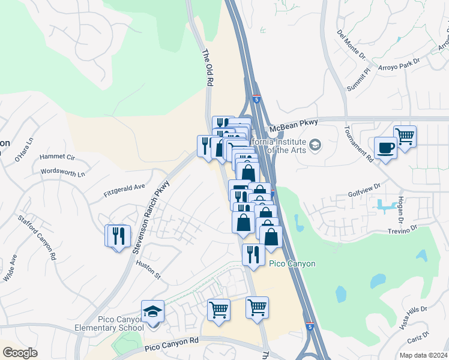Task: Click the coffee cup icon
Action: (x=385, y=148)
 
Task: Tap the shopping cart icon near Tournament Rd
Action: (x=405, y=136)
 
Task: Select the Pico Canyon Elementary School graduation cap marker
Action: (x=152, y=312)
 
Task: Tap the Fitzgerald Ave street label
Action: (x=125, y=190)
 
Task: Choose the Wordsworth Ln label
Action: (x=63, y=172)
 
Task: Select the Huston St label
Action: (x=149, y=270)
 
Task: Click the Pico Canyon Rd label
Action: (x=172, y=344)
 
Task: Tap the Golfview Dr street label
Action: (x=364, y=195)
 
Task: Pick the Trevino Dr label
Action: (x=402, y=230)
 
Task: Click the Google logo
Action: (x=20, y=353)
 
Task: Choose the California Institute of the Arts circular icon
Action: (x=315, y=145)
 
